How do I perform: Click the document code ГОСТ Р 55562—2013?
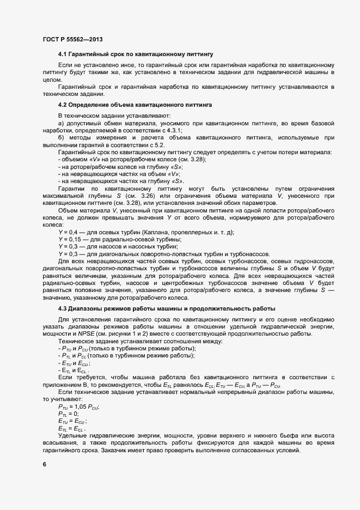[72, 40]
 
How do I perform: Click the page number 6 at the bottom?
[44, 464]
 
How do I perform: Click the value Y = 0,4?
[68, 233]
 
